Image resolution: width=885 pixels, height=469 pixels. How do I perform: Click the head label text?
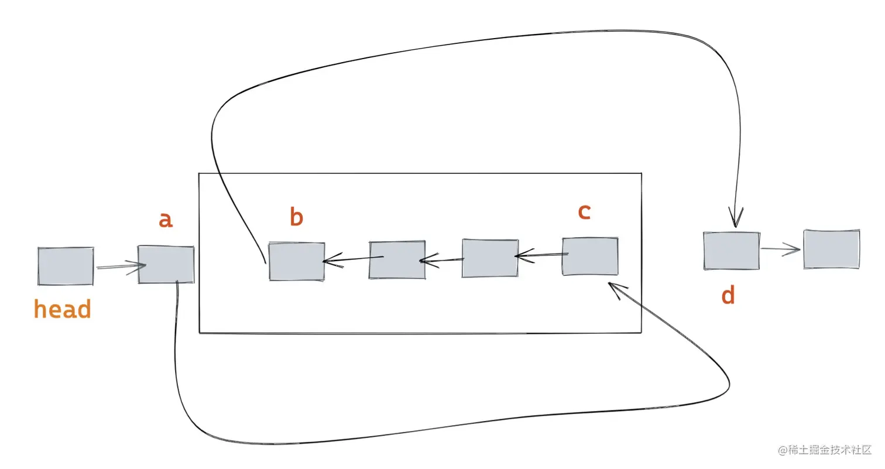pos(63,309)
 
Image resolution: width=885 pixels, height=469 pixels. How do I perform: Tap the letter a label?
pos(166,220)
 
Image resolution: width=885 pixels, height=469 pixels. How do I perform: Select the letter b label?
pos(297,217)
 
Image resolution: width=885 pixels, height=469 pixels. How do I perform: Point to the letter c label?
pos(584,212)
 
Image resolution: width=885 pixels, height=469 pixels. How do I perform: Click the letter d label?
pos(728,296)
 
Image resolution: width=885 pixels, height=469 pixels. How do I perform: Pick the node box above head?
pos(66,266)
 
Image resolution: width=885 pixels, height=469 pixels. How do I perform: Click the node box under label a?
pos(166,265)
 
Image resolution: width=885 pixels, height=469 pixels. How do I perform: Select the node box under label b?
pos(297,261)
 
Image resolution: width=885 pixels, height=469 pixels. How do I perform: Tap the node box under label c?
pos(590,256)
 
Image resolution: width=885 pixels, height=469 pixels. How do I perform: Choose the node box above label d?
pos(732,251)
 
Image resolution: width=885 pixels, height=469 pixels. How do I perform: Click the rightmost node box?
pos(831,249)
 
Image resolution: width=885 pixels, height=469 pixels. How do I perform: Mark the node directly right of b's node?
pos(397,259)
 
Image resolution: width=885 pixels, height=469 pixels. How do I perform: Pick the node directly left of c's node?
pos(490,258)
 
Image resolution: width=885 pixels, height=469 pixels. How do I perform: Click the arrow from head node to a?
pos(120,266)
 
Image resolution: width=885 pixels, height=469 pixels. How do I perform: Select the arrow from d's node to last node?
pos(781,249)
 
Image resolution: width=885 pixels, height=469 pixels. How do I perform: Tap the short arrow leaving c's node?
pos(541,255)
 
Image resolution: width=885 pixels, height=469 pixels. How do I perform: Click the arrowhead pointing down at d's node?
pos(736,218)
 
